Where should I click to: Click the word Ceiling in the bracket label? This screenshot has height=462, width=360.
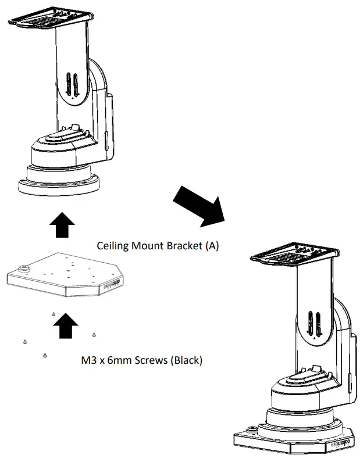(x=112, y=246)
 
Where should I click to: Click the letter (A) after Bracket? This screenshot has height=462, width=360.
(x=210, y=246)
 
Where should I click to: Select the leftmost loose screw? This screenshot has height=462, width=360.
(x=25, y=340)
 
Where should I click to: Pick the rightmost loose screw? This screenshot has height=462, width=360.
(x=94, y=334)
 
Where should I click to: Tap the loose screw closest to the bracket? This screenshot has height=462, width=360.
(x=53, y=314)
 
